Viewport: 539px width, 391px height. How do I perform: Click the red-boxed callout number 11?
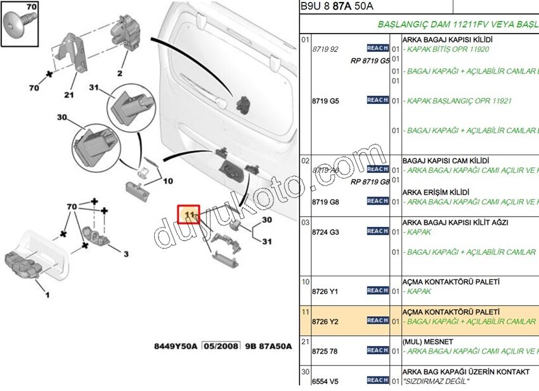(x=188, y=215)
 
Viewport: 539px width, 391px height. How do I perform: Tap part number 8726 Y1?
(x=325, y=292)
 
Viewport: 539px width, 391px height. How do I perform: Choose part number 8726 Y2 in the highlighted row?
(x=325, y=321)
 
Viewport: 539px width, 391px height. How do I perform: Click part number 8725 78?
(x=325, y=351)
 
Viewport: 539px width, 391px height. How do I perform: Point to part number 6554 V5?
(x=325, y=381)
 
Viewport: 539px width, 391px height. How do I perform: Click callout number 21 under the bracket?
(x=68, y=95)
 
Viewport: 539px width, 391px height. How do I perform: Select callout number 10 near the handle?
(x=168, y=181)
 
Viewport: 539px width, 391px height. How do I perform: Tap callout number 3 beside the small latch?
(x=126, y=254)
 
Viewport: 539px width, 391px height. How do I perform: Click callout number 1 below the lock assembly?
(x=46, y=294)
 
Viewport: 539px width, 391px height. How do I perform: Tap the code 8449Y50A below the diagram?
(x=176, y=346)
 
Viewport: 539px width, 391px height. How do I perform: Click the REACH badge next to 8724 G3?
(x=377, y=231)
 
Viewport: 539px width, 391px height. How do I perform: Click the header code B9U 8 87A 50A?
(x=337, y=6)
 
